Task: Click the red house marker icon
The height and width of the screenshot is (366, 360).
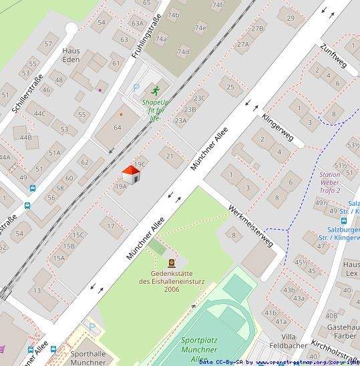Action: pos(132,176)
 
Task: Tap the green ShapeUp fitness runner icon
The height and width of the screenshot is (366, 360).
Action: pos(156,89)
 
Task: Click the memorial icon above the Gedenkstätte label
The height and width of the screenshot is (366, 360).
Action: pos(172,263)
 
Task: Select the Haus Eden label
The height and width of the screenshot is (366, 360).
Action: pos(71,54)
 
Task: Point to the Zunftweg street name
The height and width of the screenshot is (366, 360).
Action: pos(333,55)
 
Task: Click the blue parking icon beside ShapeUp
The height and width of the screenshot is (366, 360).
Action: pos(137,87)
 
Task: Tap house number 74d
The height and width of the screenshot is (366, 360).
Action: pos(182,51)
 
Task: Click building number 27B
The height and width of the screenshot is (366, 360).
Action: pos(258,29)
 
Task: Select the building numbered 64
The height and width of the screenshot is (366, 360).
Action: pos(118,127)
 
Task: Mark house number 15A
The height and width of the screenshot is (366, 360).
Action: pos(59,257)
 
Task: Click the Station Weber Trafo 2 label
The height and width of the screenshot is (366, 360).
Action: pos(330,182)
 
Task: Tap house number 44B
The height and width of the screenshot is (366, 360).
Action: pos(25,138)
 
